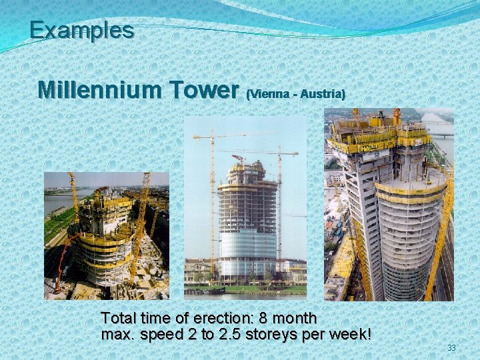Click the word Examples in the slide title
(81, 30)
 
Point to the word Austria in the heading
(323, 95)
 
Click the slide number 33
(451, 348)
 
